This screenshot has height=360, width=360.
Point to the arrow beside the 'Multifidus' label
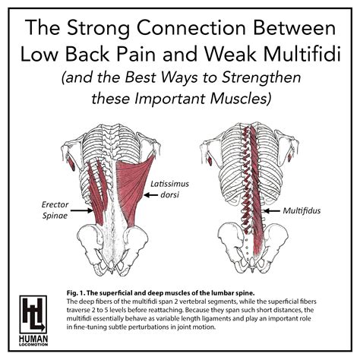274,207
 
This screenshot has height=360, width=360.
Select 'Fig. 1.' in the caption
74,292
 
